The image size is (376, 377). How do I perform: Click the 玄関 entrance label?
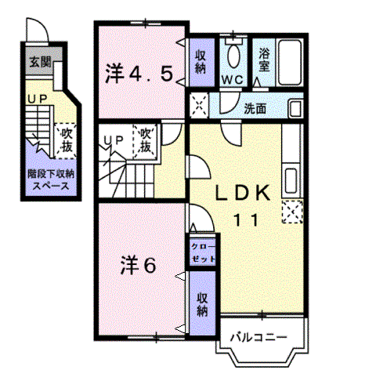(40, 62)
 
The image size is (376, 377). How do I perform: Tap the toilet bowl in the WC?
(233, 56)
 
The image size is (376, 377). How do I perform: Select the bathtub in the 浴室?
(290, 62)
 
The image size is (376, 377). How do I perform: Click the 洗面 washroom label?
(255, 109)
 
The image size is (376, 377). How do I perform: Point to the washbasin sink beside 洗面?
(295, 108)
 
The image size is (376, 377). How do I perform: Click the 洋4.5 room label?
(139, 74)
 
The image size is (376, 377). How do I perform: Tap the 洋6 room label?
(139, 265)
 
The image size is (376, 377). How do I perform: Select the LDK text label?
(242, 194)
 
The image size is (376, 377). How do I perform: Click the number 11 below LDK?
(246, 220)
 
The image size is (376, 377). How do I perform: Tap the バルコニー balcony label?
(258, 338)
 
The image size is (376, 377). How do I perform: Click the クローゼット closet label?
(203, 252)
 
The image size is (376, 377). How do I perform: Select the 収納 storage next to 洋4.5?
(201, 62)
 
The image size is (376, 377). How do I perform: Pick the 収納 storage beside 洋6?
(202, 304)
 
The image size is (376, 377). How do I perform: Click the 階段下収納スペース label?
(51, 180)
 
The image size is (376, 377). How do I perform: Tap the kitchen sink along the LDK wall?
(291, 181)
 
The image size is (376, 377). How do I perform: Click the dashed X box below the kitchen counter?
(292, 212)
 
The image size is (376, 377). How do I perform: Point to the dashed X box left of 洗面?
(199, 106)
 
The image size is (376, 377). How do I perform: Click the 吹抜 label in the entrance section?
(67, 140)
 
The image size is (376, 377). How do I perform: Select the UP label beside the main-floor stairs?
(114, 141)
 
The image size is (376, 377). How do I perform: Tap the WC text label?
(233, 80)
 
